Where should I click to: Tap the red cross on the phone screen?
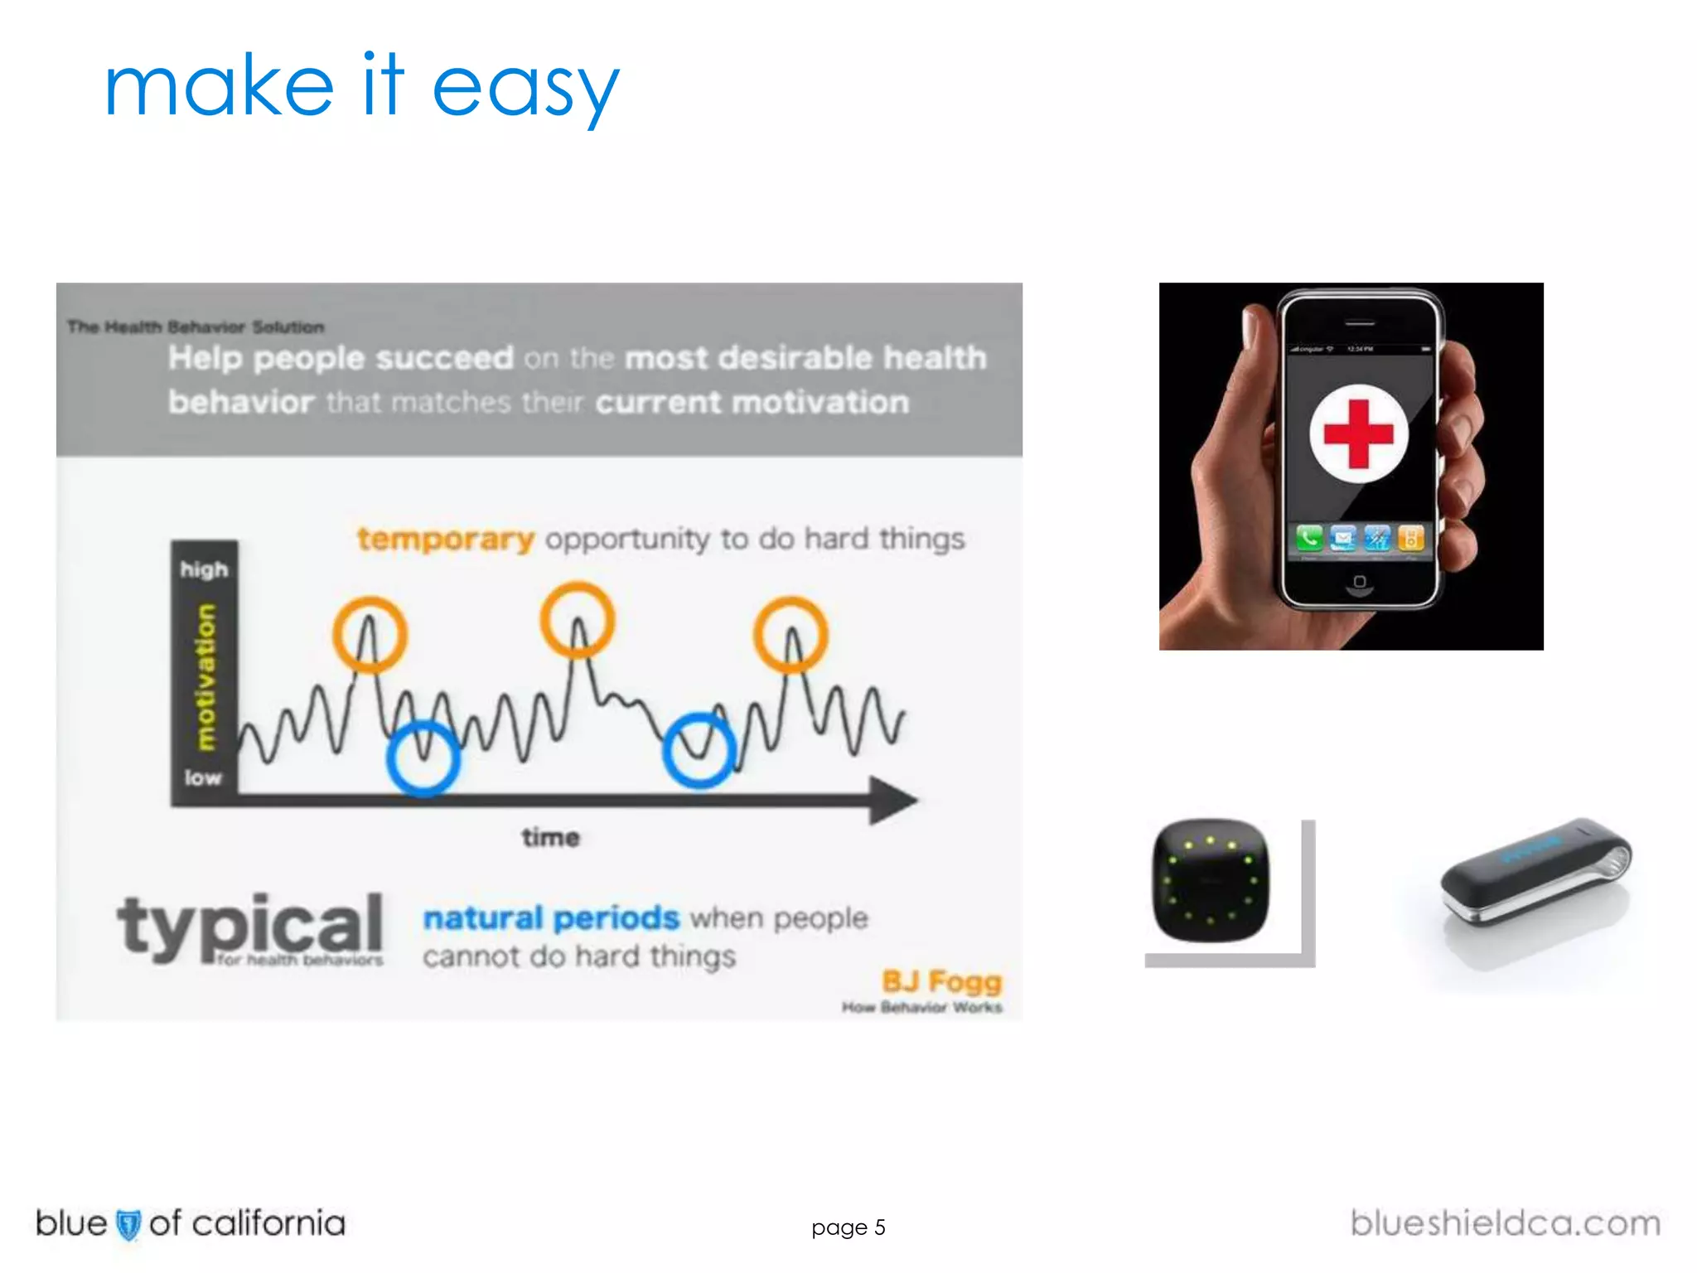1358,433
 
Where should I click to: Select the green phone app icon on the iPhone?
1309,539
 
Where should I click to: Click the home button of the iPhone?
1359,582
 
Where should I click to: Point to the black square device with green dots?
1211,881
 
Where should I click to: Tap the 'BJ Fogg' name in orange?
941,982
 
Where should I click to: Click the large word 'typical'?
249,926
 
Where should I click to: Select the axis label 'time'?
550,838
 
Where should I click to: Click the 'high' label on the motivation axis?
204,569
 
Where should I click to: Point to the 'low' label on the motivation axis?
203,777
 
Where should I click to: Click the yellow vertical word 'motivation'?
205,677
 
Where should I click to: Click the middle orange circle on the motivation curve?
578,620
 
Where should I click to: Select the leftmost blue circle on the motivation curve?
423,758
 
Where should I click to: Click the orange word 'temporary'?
445,539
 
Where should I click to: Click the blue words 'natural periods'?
551,918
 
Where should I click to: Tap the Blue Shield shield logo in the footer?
128,1225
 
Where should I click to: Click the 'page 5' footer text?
848,1227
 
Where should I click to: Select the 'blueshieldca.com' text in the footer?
1505,1224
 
